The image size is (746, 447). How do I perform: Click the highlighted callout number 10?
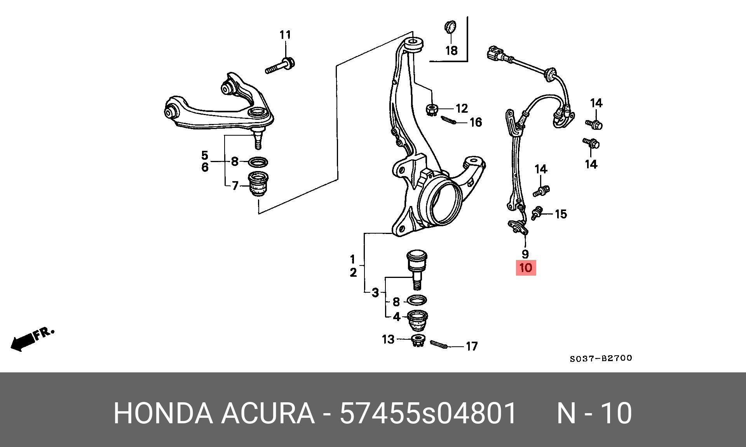click(525, 268)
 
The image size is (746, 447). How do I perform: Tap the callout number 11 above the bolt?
click(285, 35)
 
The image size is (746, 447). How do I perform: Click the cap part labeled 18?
click(450, 28)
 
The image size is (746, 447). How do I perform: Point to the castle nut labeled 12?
click(432, 109)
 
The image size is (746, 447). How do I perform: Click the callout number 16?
click(476, 122)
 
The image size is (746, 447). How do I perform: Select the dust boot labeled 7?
click(257, 185)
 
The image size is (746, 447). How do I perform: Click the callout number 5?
click(205, 155)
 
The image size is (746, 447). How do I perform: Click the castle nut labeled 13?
click(417, 341)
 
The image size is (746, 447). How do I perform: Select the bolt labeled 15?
click(537, 213)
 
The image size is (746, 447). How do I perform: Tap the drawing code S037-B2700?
click(601, 358)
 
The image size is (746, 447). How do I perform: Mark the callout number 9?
click(525, 254)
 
